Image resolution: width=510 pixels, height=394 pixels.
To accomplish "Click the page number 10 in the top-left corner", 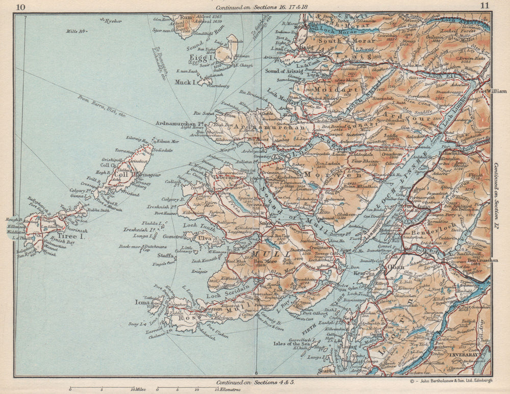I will (x=21, y=7).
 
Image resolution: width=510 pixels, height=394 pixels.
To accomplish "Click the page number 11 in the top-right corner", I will (x=484, y=6).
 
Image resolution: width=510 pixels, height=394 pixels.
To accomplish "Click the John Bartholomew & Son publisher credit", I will (x=451, y=380).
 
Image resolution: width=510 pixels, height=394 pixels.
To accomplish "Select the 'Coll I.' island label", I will (x=123, y=174).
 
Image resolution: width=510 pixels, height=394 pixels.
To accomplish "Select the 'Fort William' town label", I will (x=475, y=91).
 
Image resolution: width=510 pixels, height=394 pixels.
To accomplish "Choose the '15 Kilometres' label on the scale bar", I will (x=225, y=389).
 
